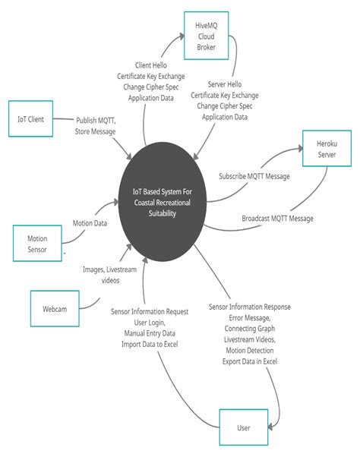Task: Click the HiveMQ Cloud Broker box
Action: tap(207, 36)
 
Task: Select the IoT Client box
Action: tap(30, 119)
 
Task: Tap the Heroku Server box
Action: tap(326, 150)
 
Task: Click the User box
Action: tap(244, 427)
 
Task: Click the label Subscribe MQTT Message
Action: tap(254, 176)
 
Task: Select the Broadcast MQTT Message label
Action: tap(277, 219)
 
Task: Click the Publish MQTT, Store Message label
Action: tap(95, 126)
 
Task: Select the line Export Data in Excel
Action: tap(249, 361)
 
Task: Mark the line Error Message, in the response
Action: tap(249, 318)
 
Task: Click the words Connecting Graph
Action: tap(249, 329)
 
